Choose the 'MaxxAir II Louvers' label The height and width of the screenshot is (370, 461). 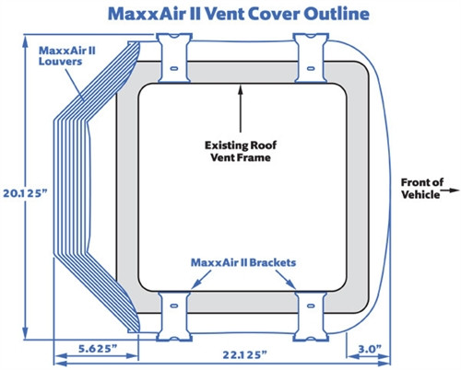coord(65,55)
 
